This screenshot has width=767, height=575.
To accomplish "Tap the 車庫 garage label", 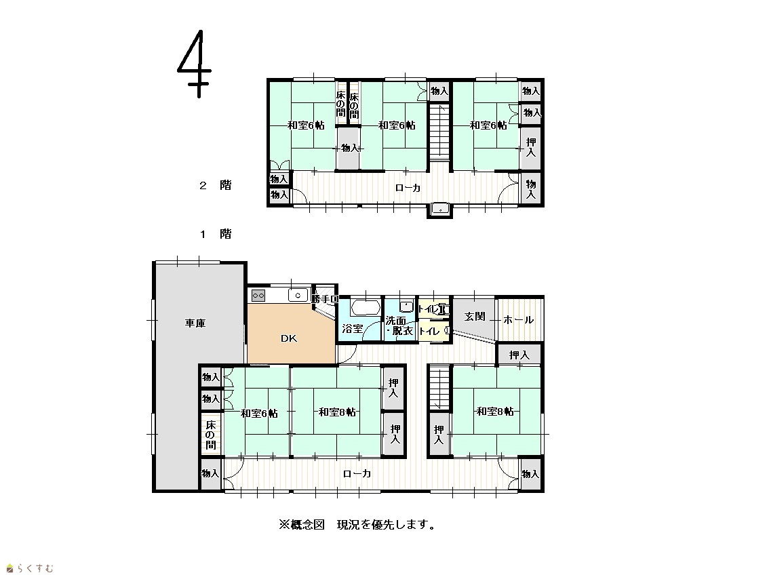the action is tap(195, 323).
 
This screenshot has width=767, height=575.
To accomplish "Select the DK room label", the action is tap(289, 338).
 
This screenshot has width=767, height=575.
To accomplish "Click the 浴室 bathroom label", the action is tap(352, 329).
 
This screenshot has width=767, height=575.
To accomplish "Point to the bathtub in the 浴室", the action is tap(366, 307).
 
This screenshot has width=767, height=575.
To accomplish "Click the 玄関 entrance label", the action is tap(475, 317).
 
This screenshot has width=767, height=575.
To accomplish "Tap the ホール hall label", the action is tap(519, 320).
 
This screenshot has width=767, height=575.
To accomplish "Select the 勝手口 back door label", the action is tap(325, 299).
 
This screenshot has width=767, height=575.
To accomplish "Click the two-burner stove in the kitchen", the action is tap(258, 296).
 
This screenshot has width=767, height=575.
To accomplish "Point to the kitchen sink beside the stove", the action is tap(298, 296).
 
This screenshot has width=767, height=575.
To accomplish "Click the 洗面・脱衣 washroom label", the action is tap(399, 326).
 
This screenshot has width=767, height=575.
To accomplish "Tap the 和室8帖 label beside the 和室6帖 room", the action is tap(337, 412).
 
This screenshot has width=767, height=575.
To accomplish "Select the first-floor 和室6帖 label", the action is tap(259, 414).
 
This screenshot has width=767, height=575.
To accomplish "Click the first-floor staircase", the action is tap(439, 389).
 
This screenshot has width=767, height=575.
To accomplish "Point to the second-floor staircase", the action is tap(439, 132).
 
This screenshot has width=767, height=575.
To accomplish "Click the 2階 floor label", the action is tap(215, 185).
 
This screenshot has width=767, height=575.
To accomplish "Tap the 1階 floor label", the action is tap(215, 234).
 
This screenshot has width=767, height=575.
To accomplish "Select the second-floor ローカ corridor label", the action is tap(408, 188).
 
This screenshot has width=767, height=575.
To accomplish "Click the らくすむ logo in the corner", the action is tap(30, 568).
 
